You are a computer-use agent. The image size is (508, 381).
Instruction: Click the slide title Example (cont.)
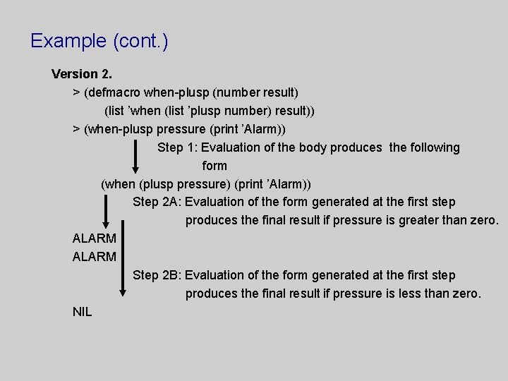pyautogui.click(x=99, y=41)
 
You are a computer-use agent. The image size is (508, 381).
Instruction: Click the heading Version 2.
pyautogui.click(x=82, y=74)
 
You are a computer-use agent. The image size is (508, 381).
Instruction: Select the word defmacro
pyautogui.click(x=114, y=92)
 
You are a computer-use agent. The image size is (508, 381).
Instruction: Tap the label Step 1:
pyautogui.click(x=178, y=147)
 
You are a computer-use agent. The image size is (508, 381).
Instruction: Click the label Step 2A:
pyautogui.click(x=157, y=202)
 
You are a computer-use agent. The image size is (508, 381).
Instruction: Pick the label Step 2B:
pyautogui.click(x=157, y=275)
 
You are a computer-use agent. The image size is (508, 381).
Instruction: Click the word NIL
pyautogui.click(x=82, y=311)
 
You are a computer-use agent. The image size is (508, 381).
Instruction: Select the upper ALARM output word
pyautogui.click(x=94, y=239)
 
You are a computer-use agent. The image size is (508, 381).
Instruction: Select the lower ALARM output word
pyautogui.click(x=94, y=257)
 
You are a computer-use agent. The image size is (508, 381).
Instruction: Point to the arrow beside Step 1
pyautogui.click(x=136, y=157)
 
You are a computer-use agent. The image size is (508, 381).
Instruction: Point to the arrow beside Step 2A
pyautogui.click(x=106, y=211)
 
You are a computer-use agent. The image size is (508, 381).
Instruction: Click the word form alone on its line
pyautogui.click(x=214, y=166)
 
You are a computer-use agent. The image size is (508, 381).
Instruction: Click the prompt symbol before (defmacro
pyautogui.click(x=76, y=92)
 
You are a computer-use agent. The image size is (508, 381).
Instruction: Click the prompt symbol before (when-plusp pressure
pyautogui.click(x=76, y=129)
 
